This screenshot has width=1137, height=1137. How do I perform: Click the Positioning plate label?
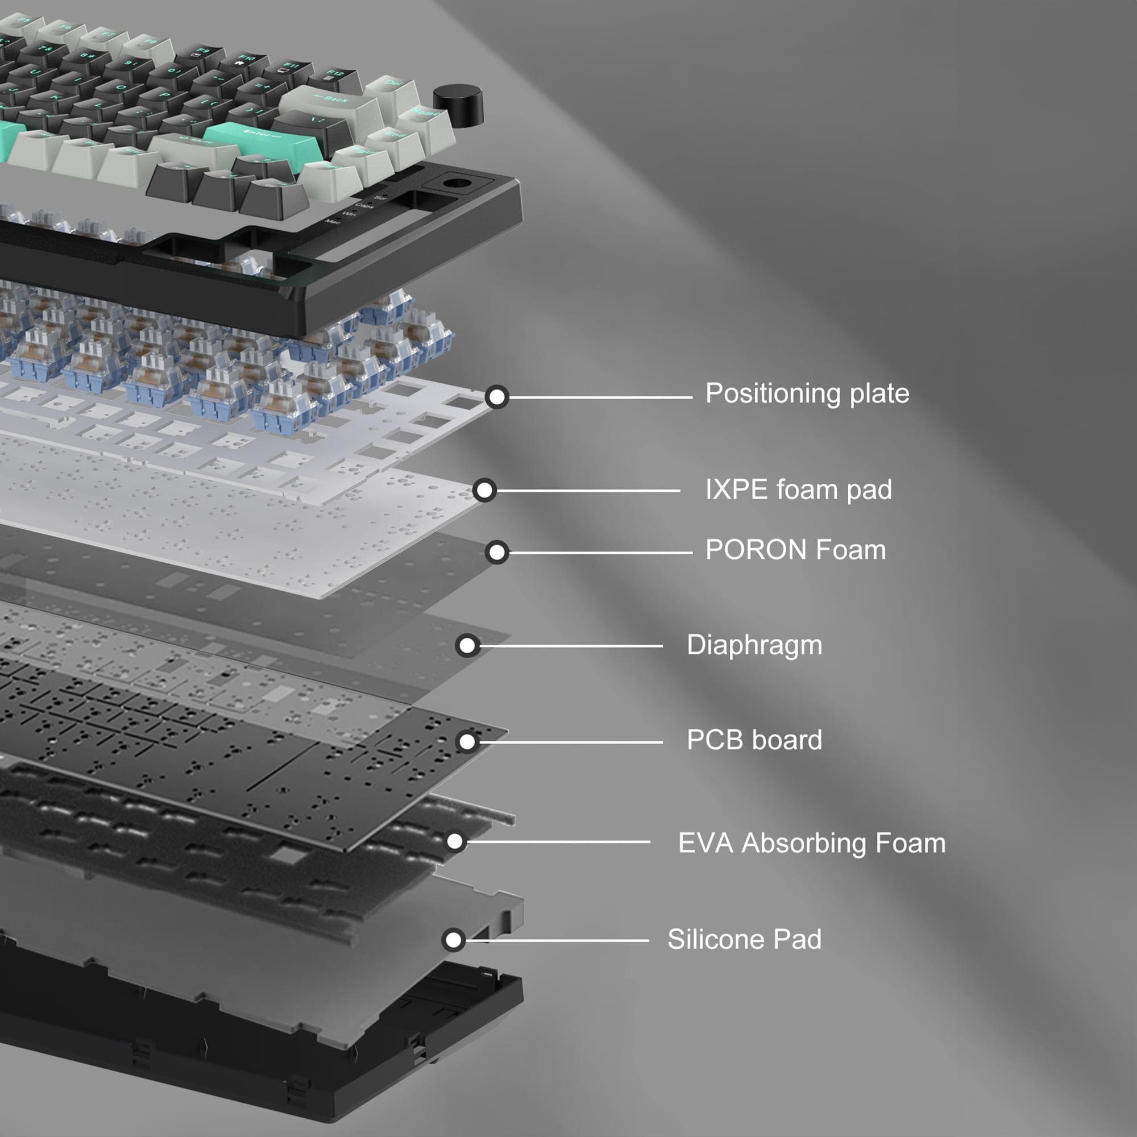click(807, 394)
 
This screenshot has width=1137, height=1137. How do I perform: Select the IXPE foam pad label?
click(798, 489)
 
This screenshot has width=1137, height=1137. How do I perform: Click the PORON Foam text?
click(795, 550)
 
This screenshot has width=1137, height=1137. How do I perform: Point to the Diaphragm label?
click(754, 645)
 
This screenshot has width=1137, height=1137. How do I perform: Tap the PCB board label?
click(754, 740)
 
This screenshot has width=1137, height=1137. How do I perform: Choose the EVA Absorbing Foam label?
click(812, 843)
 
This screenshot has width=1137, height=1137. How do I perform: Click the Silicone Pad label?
click(744, 939)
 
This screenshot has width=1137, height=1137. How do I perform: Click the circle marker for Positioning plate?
click(497, 397)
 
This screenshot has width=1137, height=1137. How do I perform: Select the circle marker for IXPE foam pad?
click(484, 489)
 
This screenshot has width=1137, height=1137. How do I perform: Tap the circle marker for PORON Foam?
click(497, 552)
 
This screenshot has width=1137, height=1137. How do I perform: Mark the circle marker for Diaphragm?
click(467, 646)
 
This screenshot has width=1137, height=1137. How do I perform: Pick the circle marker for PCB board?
click(467, 741)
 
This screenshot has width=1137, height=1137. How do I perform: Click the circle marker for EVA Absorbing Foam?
click(455, 841)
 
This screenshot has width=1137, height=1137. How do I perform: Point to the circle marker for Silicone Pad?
click(454, 940)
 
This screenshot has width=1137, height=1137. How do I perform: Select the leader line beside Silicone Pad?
click(559, 940)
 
